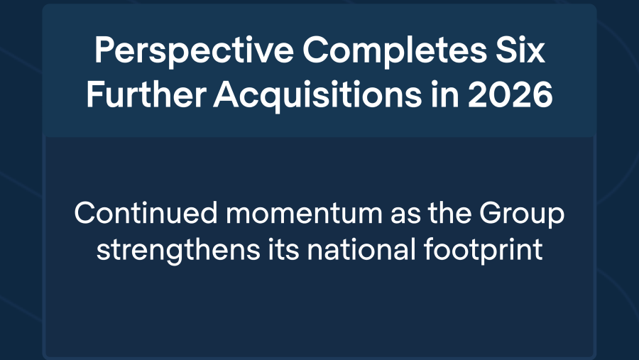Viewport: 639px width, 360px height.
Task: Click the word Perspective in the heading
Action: click(194, 51)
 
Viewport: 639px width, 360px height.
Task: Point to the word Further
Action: click(146, 94)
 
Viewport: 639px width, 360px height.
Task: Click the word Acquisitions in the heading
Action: click(317, 97)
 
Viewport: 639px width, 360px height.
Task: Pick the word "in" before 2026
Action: click(444, 94)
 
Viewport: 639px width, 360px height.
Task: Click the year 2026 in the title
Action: click(510, 94)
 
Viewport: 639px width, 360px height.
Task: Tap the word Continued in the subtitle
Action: click(146, 212)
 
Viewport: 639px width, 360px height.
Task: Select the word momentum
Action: click(304, 214)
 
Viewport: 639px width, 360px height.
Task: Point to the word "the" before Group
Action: click(449, 213)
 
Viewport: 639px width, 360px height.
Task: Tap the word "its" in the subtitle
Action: click(283, 249)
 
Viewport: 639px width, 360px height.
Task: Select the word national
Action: click(361, 249)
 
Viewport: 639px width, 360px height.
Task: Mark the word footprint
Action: click(484, 251)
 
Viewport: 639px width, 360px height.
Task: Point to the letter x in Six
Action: click(535, 53)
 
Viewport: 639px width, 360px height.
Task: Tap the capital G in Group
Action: click(491, 212)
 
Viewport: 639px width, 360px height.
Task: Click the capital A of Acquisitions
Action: click(226, 94)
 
